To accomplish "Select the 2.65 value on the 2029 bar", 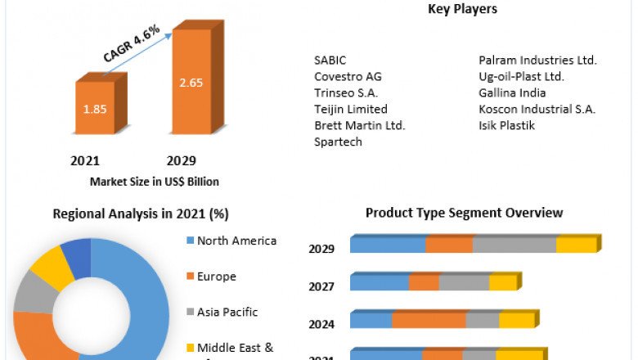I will coord(191,83).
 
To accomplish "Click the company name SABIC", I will coord(330,60).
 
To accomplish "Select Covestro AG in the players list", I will coord(348,76).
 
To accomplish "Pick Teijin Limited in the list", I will coord(350,109).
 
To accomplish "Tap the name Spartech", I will coord(338,142).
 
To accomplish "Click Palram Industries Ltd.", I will coord(537,60).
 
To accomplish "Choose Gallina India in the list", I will coord(512,92).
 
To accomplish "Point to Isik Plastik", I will coord(506,125).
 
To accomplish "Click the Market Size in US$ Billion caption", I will coord(154,181).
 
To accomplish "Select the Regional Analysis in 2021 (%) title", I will coord(141,214).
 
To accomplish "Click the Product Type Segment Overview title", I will coord(464,213).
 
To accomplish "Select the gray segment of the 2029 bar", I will coord(514,245).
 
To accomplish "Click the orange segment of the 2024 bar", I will coord(429,320).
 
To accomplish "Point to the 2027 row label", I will coord(321,286).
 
